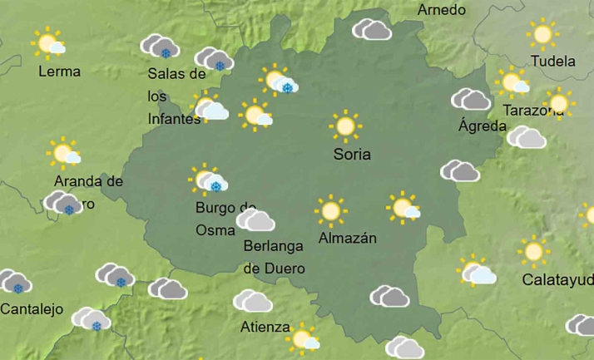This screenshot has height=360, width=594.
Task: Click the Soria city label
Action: click(x=352, y=155)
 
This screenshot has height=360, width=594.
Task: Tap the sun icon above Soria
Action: click(x=344, y=126)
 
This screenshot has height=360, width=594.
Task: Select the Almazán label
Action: click(x=348, y=239)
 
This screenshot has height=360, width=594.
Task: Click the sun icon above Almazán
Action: click(x=330, y=211)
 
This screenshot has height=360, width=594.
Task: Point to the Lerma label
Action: click(x=60, y=72)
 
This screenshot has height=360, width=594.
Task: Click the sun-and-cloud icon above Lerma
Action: click(x=47, y=43)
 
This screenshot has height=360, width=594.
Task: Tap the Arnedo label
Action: click(x=441, y=10)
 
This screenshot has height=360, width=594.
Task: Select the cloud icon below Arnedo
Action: click(x=372, y=31)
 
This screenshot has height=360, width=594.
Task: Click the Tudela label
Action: click(x=553, y=61)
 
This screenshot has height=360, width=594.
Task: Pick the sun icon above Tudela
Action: click(x=542, y=34)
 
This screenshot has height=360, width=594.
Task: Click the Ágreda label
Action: click(x=483, y=126)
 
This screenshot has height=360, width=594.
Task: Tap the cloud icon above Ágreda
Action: click(x=471, y=100)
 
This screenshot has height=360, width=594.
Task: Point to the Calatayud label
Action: click(x=557, y=279)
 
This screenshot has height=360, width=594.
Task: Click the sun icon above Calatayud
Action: click(x=533, y=251)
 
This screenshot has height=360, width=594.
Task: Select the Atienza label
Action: click(x=265, y=327)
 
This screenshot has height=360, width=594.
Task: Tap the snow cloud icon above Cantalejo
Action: click(x=14, y=283)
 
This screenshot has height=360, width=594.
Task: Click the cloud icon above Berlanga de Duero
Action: click(x=255, y=220)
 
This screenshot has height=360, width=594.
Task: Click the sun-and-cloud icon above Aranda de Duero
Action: click(x=63, y=153)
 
